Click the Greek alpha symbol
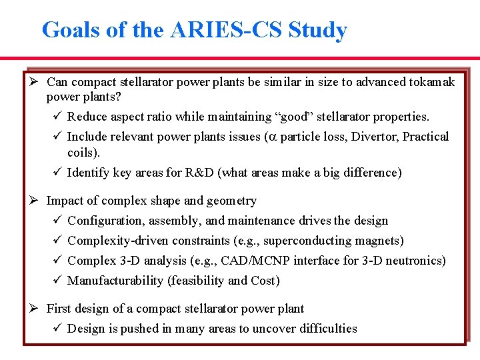(269, 137)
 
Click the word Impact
(65, 201)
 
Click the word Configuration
(103, 221)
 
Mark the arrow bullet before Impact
(35, 201)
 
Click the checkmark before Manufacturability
(56, 281)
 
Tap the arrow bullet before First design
(35, 309)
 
